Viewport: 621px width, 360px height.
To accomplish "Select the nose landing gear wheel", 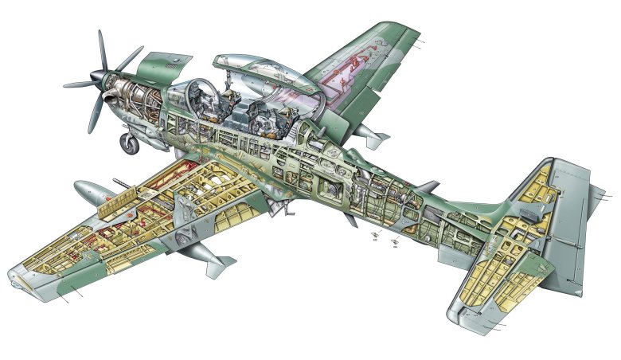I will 127,144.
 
